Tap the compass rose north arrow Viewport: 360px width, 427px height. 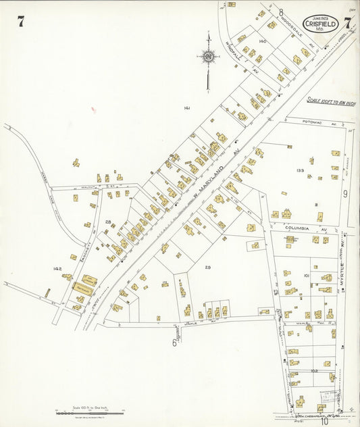tap(208, 57)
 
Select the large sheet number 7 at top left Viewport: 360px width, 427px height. tap(21, 22)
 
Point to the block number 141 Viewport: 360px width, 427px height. tap(187, 107)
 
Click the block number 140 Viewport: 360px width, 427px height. tap(262, 42)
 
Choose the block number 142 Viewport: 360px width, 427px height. tap(57, 269)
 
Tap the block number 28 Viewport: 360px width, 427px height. tap(107, 222)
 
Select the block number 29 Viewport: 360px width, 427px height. tap(208, 268)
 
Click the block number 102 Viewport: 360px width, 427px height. tap(314, 371)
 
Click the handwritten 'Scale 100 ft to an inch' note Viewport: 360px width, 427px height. tap(331, 101)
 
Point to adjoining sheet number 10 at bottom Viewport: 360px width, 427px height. tap(324, 422)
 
